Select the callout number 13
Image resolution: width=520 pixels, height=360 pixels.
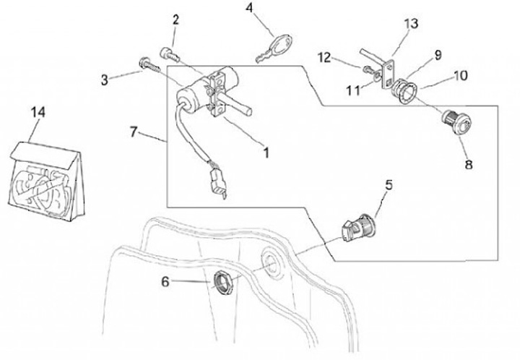410,24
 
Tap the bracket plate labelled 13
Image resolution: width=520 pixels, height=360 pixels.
391,67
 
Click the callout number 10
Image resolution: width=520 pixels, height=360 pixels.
460,75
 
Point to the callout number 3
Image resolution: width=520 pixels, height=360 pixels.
104,79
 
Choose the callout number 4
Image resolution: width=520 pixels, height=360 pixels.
249,8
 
